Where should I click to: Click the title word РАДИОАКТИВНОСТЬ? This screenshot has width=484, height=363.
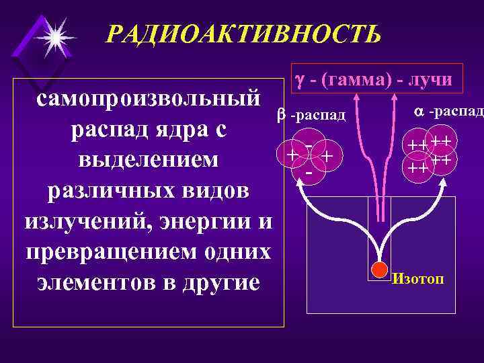pos(243,32)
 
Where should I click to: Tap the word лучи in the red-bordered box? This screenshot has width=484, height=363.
pos(430,80)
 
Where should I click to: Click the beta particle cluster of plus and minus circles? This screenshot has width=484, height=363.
pos(309,157)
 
